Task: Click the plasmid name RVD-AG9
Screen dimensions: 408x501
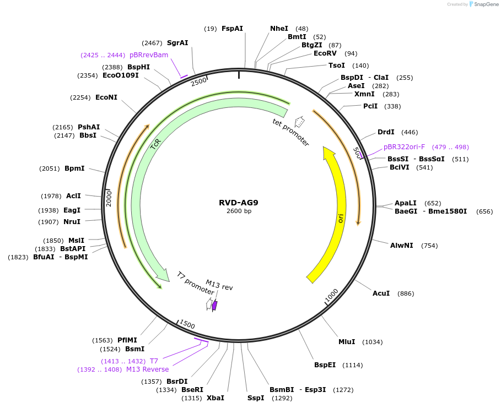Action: (238, 202)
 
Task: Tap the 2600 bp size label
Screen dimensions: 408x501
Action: (238, 211)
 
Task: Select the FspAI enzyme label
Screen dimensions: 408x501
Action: (232, 28)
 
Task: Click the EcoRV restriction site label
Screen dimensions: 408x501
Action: (325, 53)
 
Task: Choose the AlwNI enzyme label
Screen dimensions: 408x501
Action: (401, 246)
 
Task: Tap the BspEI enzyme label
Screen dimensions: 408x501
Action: (325, 365)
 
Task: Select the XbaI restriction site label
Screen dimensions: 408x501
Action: (215, 398)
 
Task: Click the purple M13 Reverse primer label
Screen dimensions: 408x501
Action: (147, 369)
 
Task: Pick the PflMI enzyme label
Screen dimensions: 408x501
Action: (127, 340)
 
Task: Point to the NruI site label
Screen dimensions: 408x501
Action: (72, 222)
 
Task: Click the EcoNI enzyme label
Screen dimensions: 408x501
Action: (106, 97)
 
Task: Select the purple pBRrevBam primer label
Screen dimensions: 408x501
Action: (149, 55)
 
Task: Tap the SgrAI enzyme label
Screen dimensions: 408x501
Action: (177, 43)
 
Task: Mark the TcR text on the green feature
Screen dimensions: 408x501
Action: (155, 144)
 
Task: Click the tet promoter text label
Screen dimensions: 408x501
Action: (290, 132)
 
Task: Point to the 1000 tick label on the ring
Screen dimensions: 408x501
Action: (332, 296)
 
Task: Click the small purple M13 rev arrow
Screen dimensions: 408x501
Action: (214, 305)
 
